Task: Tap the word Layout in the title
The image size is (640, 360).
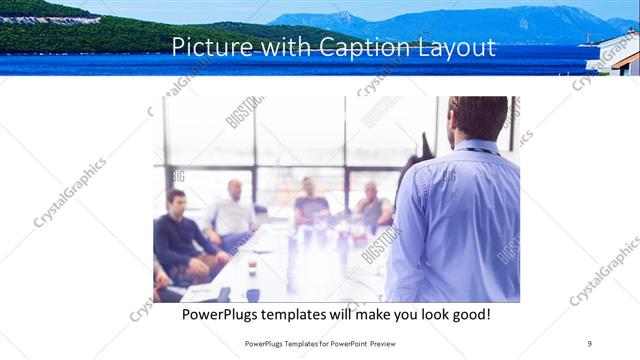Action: pyautogui.click(x=454, y=47)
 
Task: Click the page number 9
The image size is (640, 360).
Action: pyautogui.click(x=589, y=343)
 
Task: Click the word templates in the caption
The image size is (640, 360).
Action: pyautogui.click(x=318, y=314)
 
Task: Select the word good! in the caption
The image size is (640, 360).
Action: pyautogui.click(x=468, y=314)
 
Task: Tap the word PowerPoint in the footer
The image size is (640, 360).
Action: pyautogui.click(x=340, y=343)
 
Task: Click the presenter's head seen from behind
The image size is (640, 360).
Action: pyautogui.click(x=478, y=118)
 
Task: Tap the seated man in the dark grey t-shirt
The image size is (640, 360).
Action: pyautogui.click(x=311, y=204)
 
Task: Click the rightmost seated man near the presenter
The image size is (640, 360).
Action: pyautogui.click(x=372, y=206)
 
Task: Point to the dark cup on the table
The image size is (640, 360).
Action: pyautogui.click(x=252, y=294)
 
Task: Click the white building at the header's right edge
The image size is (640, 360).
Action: pyautogui.click(x=626, y=62)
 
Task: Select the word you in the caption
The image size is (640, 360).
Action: pyautogui.click(x=404, y=314)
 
